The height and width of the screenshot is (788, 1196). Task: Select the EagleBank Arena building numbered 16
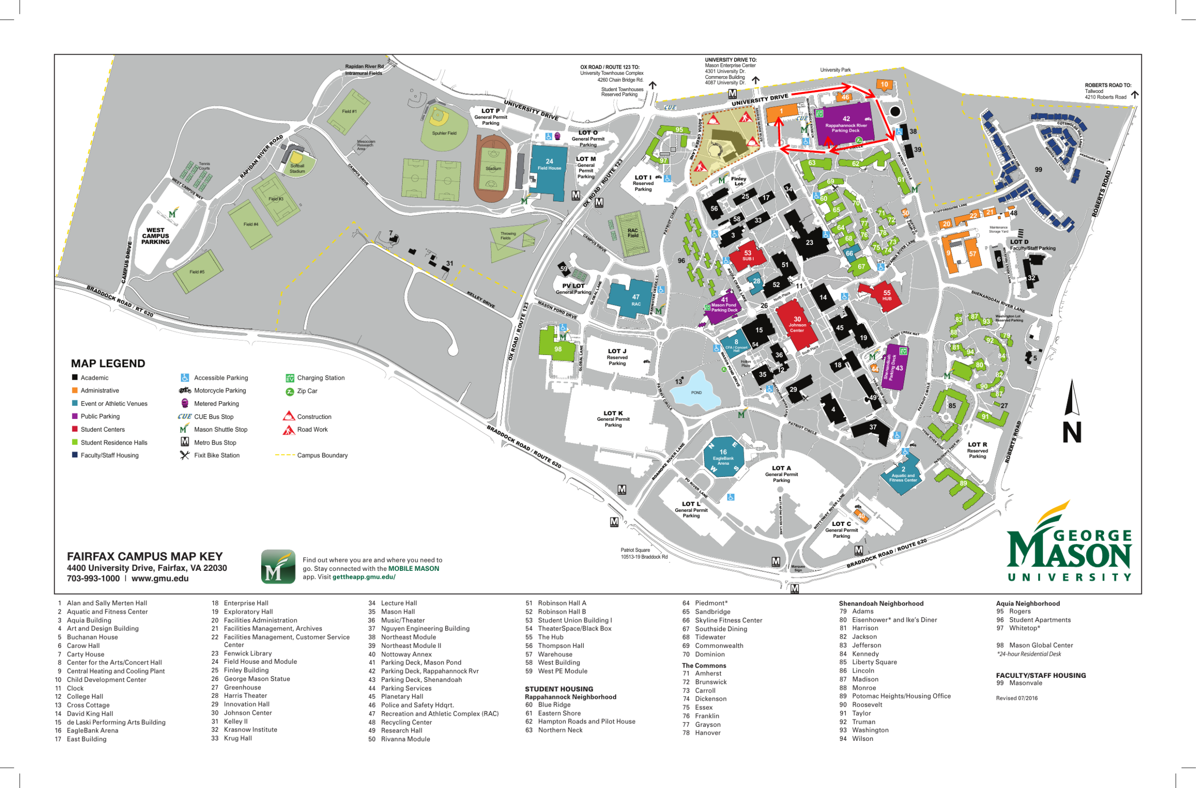[x=723, y=457]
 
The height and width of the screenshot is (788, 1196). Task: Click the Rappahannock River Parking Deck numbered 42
[x=846, y=123]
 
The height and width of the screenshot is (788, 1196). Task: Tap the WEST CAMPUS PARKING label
[x=155, y=236]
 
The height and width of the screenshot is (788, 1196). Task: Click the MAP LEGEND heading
[x=108, y=363]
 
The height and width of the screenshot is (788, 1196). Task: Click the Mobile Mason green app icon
[x=278, y=567]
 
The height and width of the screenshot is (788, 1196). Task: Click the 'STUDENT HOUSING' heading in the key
[x=559, y=689]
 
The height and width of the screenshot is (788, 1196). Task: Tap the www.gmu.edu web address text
[x=160, y=578]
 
